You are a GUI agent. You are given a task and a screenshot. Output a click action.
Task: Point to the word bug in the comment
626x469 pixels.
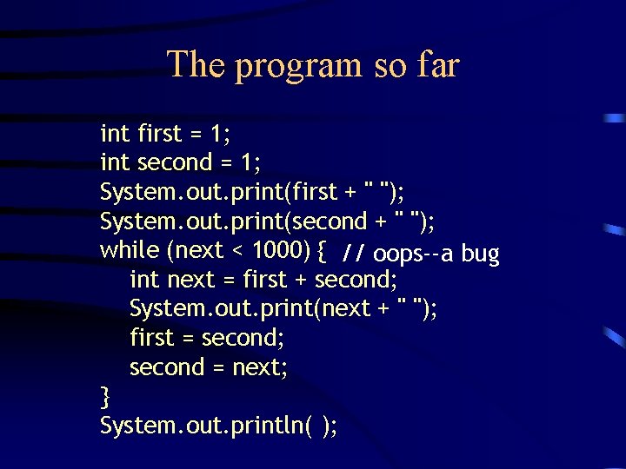481,254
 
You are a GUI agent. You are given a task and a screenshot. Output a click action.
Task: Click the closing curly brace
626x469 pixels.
105,397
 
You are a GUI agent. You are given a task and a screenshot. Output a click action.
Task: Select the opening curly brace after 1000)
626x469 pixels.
321,251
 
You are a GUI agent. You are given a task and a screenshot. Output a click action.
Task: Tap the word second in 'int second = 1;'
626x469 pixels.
175,162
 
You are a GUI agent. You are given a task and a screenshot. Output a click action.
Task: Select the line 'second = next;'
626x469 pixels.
209,367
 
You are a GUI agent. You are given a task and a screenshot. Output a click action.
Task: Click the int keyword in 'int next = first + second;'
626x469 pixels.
144,280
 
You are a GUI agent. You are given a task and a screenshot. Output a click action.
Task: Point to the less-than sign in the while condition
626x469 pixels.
237,251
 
